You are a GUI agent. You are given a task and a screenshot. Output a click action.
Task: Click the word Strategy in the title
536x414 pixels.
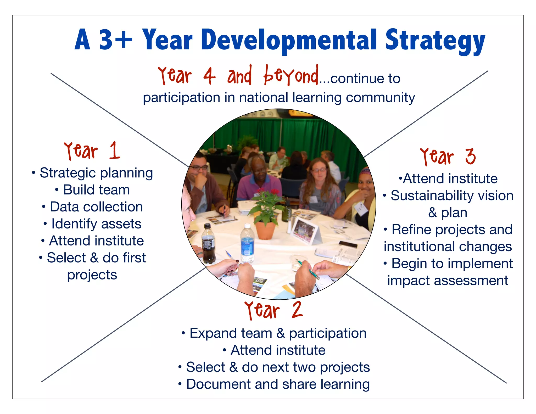(435, 41)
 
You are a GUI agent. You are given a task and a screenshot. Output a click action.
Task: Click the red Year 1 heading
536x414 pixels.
(92, 151)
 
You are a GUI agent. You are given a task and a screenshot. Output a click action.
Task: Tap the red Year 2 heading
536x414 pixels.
(273, 310)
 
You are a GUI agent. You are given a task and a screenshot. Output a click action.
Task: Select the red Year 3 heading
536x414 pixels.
(448, 156)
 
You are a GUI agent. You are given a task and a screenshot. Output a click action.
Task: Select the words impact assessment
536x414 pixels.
(448, 281)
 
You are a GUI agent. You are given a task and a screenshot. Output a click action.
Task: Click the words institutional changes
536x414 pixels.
(448, 247)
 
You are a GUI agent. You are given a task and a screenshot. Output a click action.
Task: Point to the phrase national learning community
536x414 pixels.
(327, 98)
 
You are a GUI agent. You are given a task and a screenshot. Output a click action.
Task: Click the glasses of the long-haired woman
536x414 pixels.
(319, 170)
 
